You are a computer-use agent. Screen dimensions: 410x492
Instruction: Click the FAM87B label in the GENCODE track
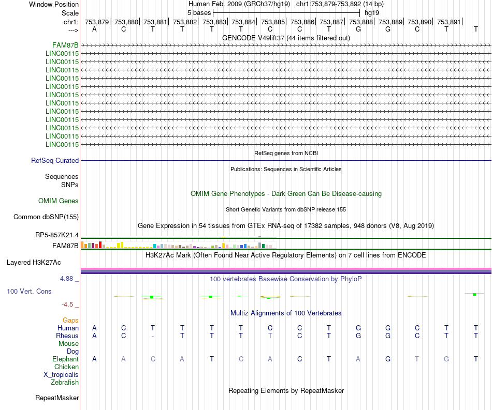point(65,45)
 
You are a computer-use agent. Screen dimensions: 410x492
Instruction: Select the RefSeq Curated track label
point(55,161)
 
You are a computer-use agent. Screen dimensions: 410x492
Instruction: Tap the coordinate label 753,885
point(273,22)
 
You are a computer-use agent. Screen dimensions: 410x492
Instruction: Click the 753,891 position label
point(448,22)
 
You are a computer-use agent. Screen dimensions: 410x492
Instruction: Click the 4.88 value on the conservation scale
point(69,278)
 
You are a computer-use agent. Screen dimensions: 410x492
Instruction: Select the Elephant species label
point(65,359)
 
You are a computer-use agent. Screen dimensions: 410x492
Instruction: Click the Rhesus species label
point(67,336)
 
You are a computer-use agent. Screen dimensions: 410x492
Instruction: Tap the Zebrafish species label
point(65,383)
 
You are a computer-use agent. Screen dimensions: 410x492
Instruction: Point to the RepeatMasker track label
point(57,398)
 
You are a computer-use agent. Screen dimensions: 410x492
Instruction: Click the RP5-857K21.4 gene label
point(57,235)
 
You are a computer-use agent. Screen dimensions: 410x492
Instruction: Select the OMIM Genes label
point(59,201)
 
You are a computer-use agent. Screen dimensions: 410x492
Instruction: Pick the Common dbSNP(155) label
point(46,217)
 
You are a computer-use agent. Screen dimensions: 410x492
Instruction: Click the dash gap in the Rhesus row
point(152,336)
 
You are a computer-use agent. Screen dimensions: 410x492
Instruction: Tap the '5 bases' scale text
point(199,12)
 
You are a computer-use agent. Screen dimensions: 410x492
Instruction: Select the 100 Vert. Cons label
point(29,292)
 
